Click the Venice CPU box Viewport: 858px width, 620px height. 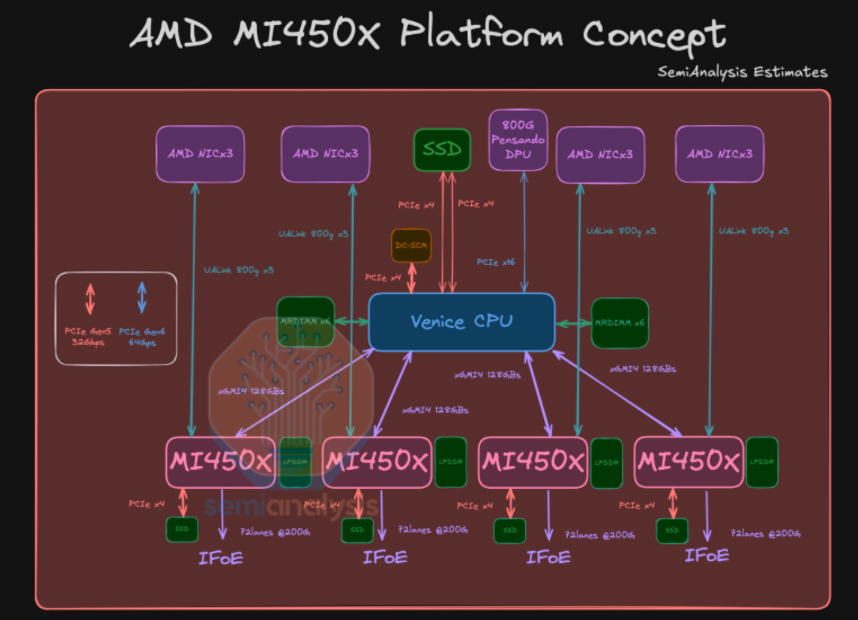[461, 322]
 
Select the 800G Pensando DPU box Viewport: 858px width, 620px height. [518, 140]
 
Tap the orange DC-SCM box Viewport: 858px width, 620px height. [411, 245]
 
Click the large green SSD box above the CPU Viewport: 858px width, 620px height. [442, 149]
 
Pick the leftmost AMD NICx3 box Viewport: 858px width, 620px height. [200, 154]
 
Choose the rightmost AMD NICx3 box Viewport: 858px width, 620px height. [719, 154]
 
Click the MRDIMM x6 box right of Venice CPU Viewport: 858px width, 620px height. [619, 323]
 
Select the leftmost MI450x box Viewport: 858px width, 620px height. [220, 462]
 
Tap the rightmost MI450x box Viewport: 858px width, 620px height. [688, 462]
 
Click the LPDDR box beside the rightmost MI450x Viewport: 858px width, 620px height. [761, 462]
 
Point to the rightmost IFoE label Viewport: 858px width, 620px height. [706, 556]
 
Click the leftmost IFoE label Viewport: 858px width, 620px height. [220, 558]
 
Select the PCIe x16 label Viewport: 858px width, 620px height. [495, 262]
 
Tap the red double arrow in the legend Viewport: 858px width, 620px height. [90, 299]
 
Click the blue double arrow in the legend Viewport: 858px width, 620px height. [142, 297]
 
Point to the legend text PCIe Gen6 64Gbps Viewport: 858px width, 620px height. [142, 337]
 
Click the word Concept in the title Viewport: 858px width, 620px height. [654, 35]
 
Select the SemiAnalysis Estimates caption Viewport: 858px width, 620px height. [742, 71]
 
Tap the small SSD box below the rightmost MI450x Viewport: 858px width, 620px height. [672, 531]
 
